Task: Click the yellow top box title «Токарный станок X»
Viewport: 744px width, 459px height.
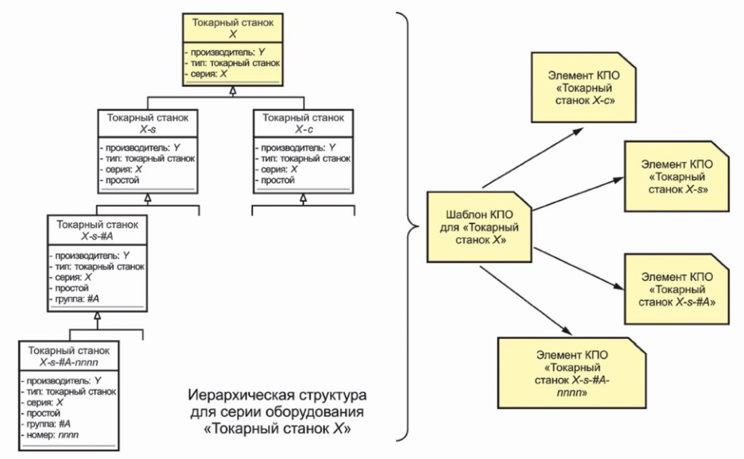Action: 232,28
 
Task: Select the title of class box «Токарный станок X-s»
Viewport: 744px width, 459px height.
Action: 148,124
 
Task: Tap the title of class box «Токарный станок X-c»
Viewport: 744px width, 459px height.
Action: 303,124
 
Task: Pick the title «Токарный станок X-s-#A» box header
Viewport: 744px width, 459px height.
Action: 97,230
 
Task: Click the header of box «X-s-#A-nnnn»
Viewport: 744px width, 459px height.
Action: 69,356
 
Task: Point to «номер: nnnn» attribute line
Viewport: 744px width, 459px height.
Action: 50,434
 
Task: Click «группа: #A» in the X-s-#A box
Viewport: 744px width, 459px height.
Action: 74,299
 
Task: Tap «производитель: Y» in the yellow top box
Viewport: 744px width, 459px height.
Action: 225,52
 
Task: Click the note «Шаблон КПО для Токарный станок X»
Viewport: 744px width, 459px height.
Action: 479,227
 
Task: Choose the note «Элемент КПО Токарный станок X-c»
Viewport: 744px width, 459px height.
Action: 583,88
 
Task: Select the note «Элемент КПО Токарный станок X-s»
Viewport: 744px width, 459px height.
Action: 676,176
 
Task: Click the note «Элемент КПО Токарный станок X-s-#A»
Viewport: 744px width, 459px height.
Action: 676,290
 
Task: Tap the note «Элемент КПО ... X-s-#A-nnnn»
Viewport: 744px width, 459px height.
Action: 572,373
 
